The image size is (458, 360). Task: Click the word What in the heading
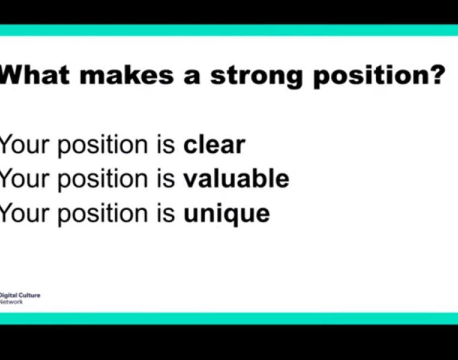coord(34,75)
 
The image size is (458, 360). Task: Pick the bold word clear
coord(214,145)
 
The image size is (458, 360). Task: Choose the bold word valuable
coord(236,178)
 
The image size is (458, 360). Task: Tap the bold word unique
coord(226,214)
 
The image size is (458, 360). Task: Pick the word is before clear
coord(166,145)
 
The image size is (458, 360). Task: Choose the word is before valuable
coord(166,178)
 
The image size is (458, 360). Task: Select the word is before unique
coord(166,213)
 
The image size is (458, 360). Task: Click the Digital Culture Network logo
coord(20,298)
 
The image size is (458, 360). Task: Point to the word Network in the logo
coord(11,302)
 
